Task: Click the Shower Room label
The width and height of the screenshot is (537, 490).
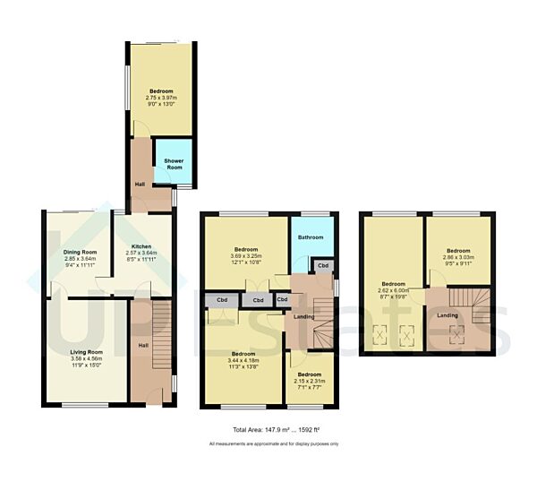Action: (x=174, y=164)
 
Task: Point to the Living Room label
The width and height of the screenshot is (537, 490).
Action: (x=87, y=352)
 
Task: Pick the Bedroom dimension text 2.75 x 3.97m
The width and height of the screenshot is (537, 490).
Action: (x=161, y=99)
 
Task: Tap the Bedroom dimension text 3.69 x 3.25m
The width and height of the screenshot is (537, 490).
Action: (x=246, y=256)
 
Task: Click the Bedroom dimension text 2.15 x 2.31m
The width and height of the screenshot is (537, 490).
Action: (x=309, y=381)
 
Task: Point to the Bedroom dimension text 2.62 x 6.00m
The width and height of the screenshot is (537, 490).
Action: (x=394, y=289)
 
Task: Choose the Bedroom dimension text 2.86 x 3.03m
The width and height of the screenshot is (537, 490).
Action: (x=457, y=257)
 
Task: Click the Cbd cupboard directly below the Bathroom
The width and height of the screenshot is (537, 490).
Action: (x=323, y=266)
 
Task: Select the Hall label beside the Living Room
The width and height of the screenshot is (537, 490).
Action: (x=144, y=344)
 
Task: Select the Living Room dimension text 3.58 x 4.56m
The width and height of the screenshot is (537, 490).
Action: (x=87, y=359)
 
